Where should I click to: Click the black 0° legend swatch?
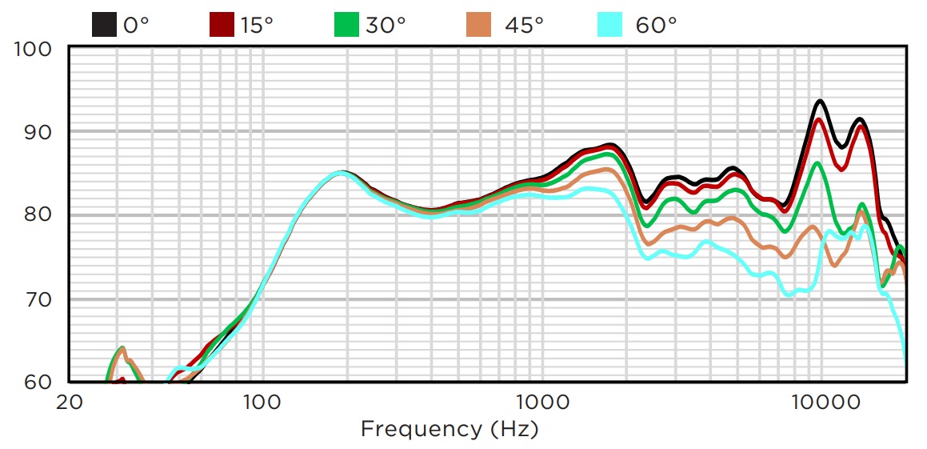[x=104, y=24]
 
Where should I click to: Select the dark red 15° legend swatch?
[x=222, y=24]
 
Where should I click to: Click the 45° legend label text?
[x=524, y=25]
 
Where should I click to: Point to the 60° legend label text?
[x=657, y=25]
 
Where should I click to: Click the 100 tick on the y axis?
[x=33, y=50]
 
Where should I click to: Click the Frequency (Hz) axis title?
[x=450, y=429]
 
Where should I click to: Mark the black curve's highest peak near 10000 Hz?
[x=820, y=102]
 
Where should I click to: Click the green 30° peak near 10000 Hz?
[x=817, y=163]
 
